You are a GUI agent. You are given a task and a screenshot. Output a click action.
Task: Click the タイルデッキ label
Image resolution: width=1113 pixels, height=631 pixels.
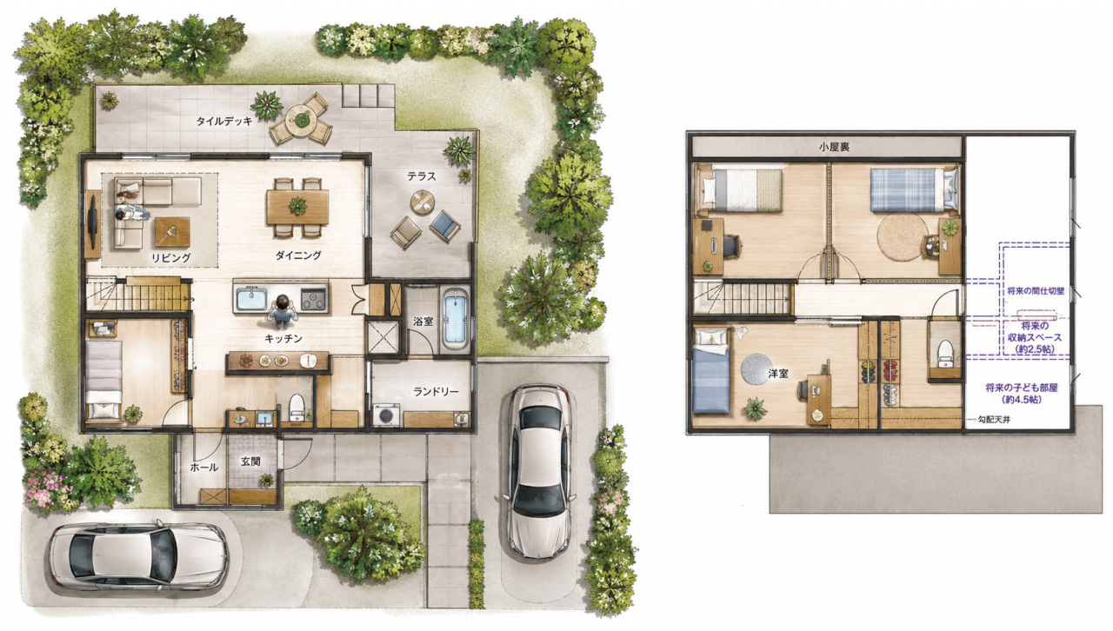pyautogui.click(x=224, y=121)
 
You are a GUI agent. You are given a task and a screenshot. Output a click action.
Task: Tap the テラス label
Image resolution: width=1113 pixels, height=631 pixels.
pyautogui.click(x=422, y=176)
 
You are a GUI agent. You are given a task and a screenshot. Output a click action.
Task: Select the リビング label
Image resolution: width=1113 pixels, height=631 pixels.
pyautogui.click(x=171, y=257)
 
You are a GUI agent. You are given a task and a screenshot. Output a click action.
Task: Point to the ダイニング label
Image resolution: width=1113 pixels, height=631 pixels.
pyautogui.click(x=298, y=256)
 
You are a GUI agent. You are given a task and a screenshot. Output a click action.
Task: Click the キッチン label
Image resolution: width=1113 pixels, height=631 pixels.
pyautogui.click(x=283, y=338)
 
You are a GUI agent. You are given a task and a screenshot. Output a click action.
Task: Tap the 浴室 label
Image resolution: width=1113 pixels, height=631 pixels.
pyautogui.click(x=423, y=321)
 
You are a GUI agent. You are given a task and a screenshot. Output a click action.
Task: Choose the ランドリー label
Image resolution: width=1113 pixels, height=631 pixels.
pyautogui.click(x=436, y=391)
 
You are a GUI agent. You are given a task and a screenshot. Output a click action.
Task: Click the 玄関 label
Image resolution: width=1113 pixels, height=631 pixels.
pyautogui.click(x=251, y=461)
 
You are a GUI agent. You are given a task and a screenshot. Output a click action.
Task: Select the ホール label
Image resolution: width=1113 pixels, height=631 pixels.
pyautogui.click(x=203, y=467)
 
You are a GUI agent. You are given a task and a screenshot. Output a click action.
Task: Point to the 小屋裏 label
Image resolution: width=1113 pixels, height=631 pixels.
pyautogui.click(x=834, y=147)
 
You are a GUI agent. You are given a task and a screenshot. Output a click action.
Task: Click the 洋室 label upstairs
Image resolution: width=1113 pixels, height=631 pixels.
pyautogui.click(x=778, y=374)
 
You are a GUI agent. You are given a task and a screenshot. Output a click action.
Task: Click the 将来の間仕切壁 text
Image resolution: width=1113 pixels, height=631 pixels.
pyautogui.click(x=1036, y=291)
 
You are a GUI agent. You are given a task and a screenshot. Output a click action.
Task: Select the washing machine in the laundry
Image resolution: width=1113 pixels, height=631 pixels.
pyautogui.click(x=387, y=415)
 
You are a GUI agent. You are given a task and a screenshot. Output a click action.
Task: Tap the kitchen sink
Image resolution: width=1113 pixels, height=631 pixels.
pyautogui.click(x=252, y=300)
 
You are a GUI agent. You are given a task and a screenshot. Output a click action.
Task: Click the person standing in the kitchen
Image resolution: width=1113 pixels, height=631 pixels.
pyautogui.click(x=283, y=311)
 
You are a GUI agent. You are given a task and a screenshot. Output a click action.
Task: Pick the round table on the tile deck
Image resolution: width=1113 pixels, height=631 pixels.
pyautogui.click(x=301, y=118)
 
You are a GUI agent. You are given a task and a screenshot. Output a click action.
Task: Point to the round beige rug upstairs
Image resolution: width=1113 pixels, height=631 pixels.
pyautogui.click(x=903, y=236)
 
